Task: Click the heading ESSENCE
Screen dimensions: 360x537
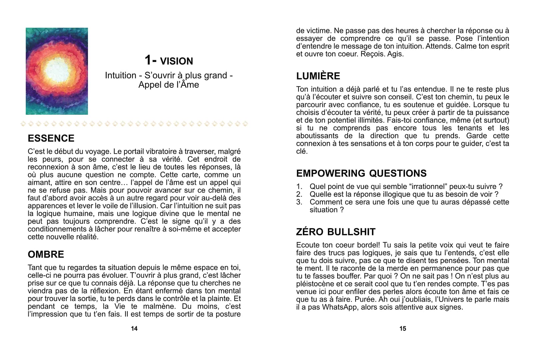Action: point(51,138)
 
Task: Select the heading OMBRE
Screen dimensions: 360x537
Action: point(46,254)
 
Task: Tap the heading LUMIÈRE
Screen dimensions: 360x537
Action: point(318,76)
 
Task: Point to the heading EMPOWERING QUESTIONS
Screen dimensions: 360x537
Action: point(361,173)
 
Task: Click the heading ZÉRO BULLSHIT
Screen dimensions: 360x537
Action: point(336,232)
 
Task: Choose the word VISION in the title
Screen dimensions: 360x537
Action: point(176,61)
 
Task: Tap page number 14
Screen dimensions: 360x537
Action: point(134,329)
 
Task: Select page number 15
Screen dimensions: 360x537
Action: point(403,329)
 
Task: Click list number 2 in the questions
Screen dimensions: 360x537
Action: point(299,194)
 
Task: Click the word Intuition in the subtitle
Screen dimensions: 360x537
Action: point(120,75)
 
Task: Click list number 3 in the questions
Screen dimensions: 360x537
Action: point(299,202)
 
